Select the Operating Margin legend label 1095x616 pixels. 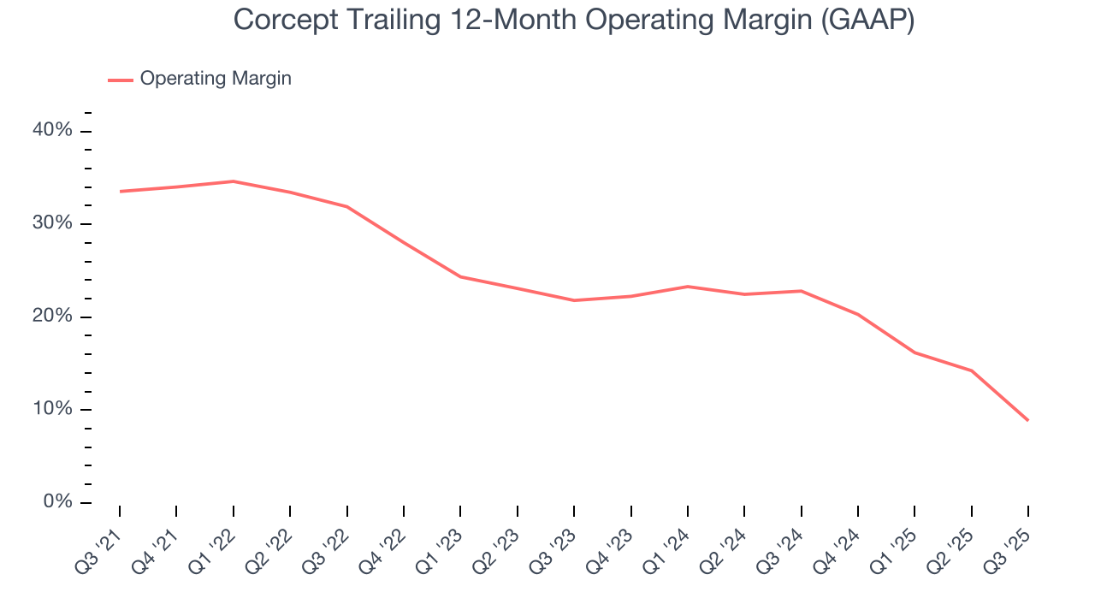point(216,79)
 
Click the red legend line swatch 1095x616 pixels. point(120,80)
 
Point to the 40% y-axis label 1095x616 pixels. point(53,130)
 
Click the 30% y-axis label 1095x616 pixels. point(53,223)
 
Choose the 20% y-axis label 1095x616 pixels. point(53,317)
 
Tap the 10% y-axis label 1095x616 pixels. point(53,409)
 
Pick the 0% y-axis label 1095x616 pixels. point(57,502)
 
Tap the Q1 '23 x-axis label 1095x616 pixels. point(440,542)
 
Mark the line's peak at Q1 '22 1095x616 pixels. point(233,181)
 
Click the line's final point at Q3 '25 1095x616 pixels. point(1027,420)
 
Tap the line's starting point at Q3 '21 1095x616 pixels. point(120,192)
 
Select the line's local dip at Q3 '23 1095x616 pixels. point(573,300)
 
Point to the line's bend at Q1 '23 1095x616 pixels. point(460,276)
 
